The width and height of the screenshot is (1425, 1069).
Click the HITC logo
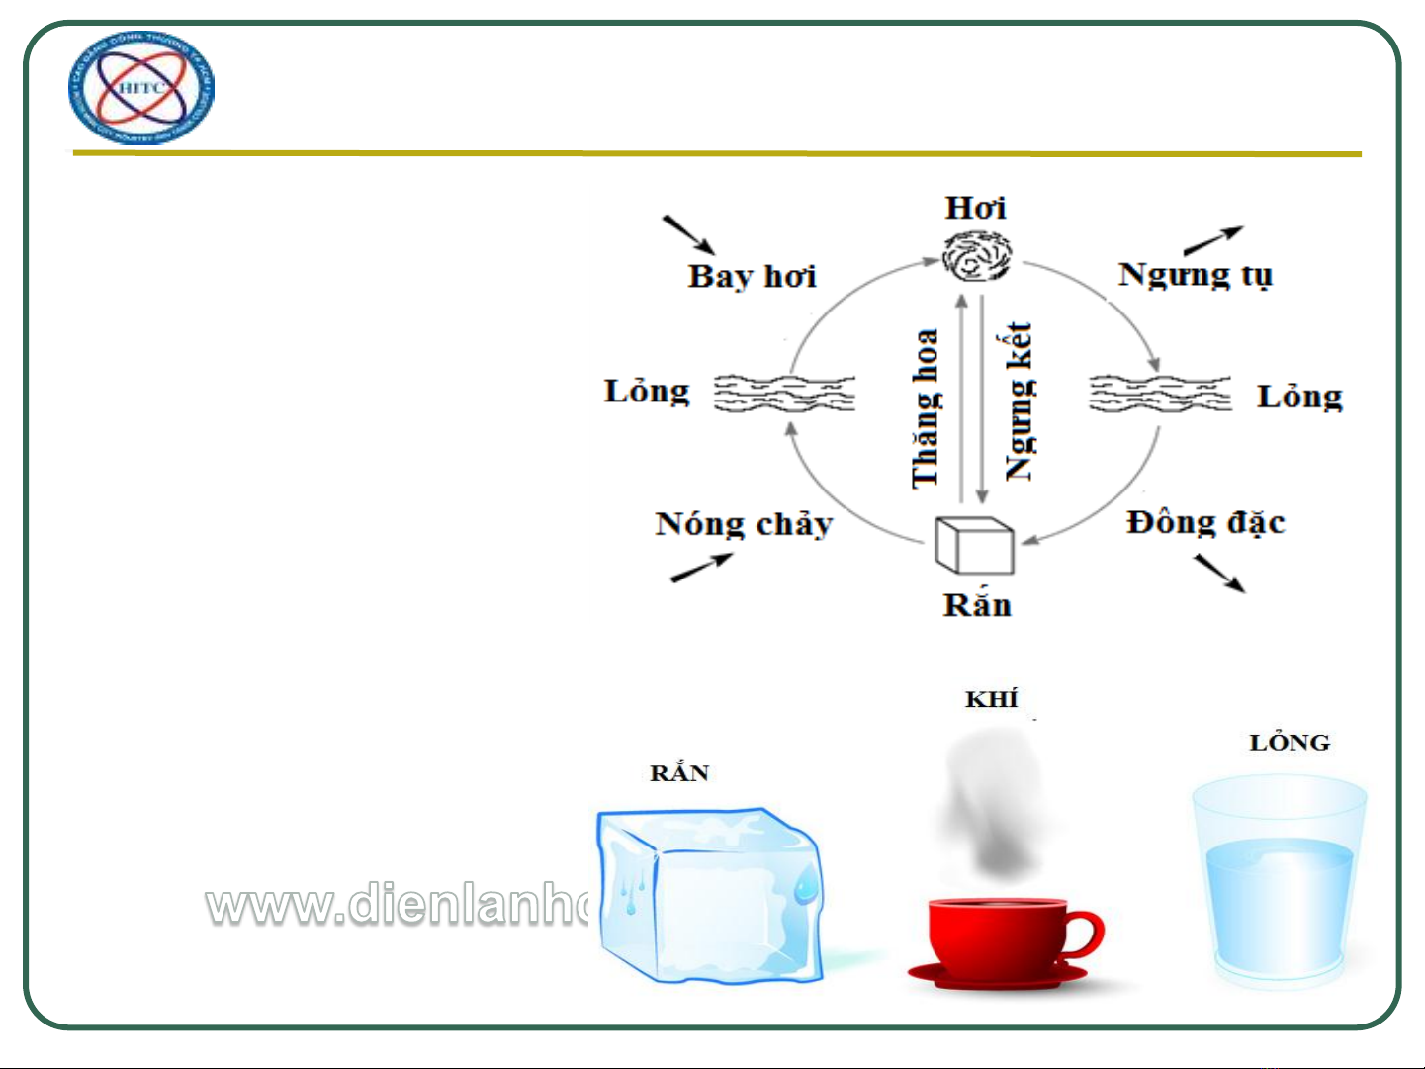click(x=141, y=89)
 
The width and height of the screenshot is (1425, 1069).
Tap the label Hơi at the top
click(x=975, y=208)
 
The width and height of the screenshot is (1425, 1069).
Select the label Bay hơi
click(x=752, y=276)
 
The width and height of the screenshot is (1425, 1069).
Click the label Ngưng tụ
click(x=1195, y=274)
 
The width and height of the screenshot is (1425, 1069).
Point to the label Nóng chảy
click(x=744, y=524)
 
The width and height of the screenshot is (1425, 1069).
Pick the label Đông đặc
click(x=1205, y=522)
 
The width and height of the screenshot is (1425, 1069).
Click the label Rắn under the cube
click(x=977, y=604)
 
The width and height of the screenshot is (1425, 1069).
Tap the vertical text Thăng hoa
click(x=926, y=407)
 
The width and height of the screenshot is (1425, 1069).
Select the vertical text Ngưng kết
click(x=1019, y=401)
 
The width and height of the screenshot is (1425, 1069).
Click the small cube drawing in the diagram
click(x=974, y=545)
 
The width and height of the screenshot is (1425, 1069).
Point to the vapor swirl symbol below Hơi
click(x=976, y=256)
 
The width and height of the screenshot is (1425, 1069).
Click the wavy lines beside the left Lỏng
click(x=784, y=393)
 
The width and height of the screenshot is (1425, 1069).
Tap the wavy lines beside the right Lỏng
click(x=1159, y=393)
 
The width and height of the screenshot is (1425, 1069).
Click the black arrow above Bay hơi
click(x=688, y=234)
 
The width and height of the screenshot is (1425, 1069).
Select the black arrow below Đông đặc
click(x=1219, y=574)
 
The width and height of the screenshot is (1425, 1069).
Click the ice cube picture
click(x=709, y=895)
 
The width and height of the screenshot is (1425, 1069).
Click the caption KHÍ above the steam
click(x=991, y=700)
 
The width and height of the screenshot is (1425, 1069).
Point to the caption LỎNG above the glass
click(x=1290, y=743)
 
